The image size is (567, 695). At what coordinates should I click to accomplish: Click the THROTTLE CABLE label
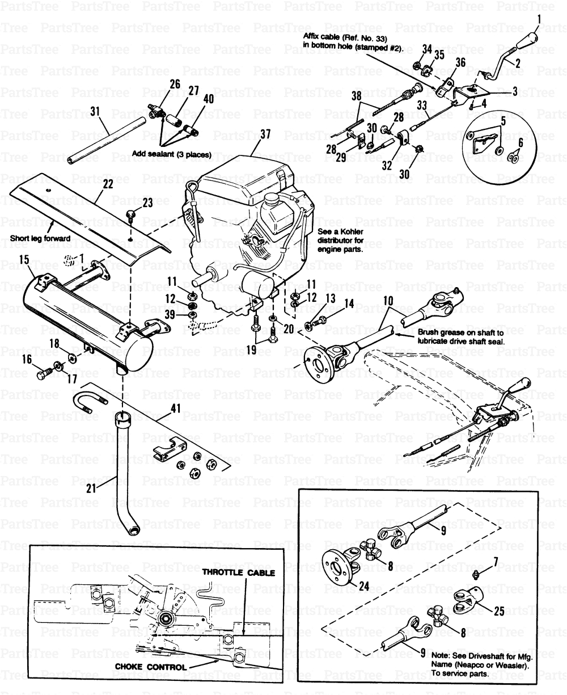tap(239, 573)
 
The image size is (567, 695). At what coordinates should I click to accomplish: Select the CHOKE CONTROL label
tap(150, 667)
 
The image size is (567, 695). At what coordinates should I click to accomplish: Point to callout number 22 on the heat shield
tap(107, 184)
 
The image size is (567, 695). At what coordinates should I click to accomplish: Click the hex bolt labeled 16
tap(43, 375)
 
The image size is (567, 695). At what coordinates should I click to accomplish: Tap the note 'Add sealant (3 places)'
tap(171, 154)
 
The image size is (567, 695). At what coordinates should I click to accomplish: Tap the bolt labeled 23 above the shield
tap(130, 216)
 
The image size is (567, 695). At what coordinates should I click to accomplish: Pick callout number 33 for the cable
tap(421, 120)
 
